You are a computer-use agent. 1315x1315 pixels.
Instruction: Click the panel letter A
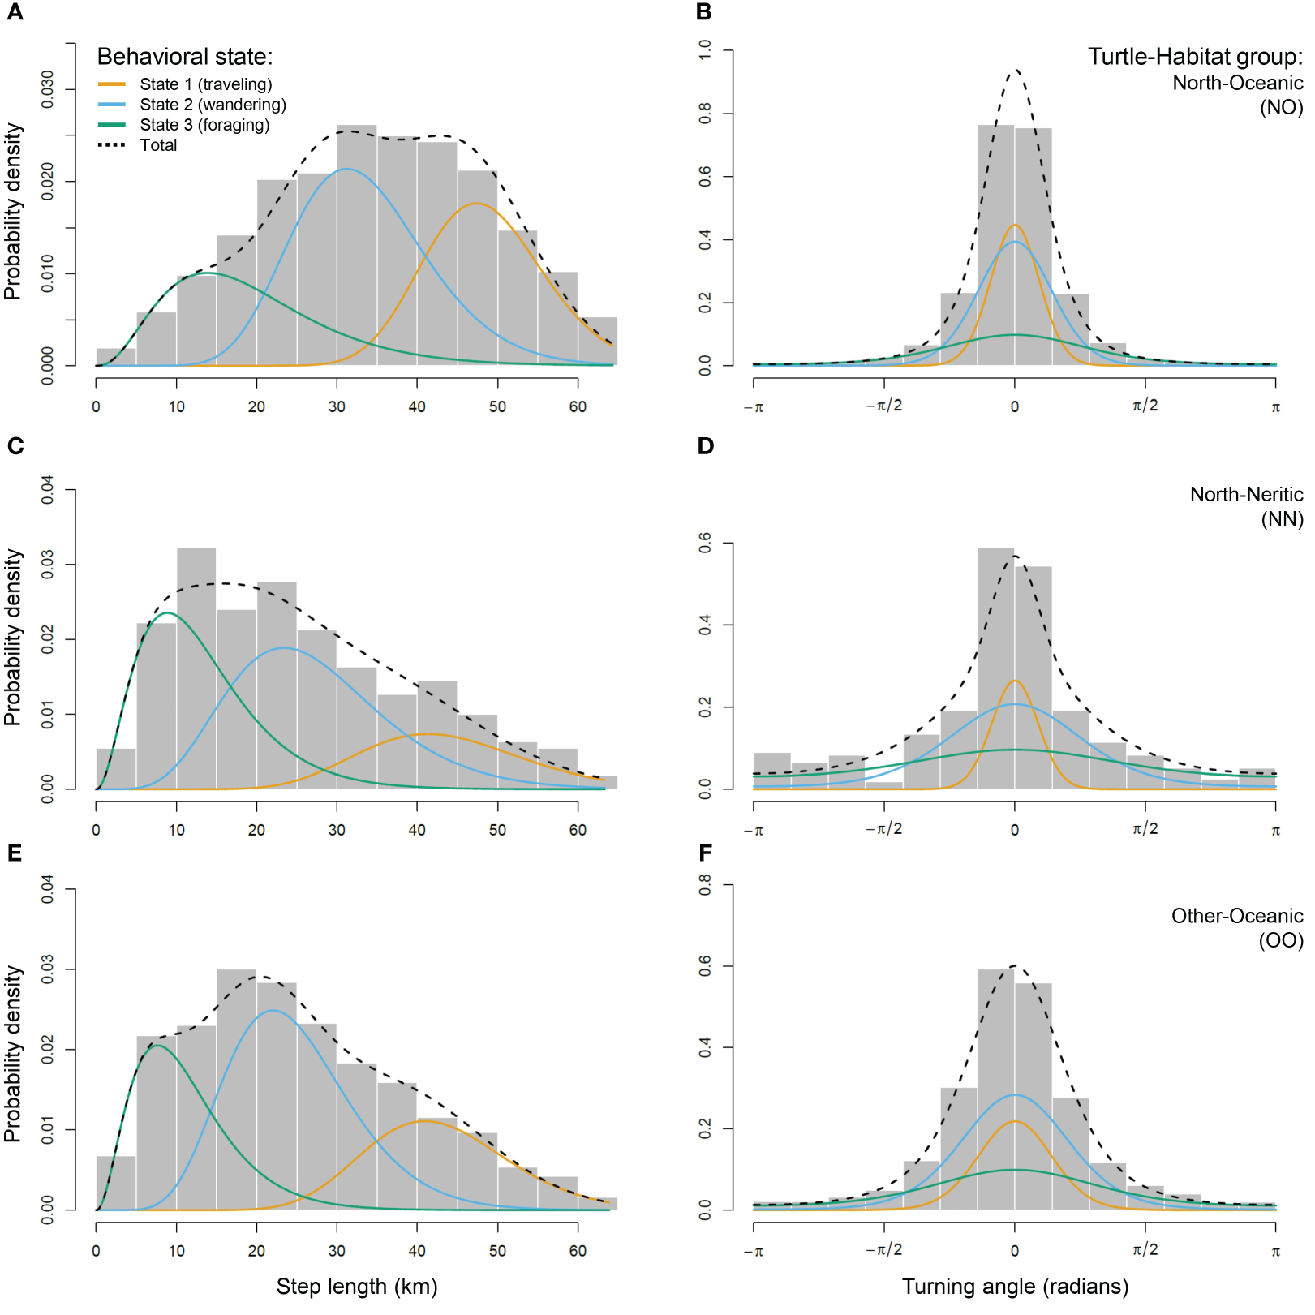(x=15, y=12)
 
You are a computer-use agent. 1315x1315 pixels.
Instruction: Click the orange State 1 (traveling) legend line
(x=111, y=84)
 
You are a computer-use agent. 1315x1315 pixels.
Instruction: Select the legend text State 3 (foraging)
(x=204, y=125)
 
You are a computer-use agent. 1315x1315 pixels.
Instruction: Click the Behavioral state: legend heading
(x=185, y=57)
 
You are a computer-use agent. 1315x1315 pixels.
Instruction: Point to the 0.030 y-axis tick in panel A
(x=48, y=89)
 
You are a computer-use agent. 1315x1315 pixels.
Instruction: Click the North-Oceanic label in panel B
(x=1237, y=83)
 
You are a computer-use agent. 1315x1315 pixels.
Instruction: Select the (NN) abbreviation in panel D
(x=1282, y=519)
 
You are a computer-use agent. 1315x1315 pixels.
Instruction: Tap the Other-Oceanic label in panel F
(x=1236, y=916)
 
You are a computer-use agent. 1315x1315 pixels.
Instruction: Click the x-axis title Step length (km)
(x=357, y=1287)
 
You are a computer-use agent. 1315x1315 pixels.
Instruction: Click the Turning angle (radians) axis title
(x=1015, y=1287)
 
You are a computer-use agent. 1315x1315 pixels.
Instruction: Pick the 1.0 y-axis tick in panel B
(x=705, y=50)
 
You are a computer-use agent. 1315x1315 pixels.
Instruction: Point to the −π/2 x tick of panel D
(x=883, y=829)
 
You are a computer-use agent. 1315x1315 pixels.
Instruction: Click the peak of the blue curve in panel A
(x=347, y=169)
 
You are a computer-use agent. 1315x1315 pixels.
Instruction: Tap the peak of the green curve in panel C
(x=166, y=612)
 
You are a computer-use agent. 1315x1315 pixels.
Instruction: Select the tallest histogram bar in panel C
(x=196, y=665)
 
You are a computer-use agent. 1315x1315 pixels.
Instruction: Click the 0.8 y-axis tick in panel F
(x=705, y=885)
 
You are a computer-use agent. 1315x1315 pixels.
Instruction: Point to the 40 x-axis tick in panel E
(x=417, y=1250)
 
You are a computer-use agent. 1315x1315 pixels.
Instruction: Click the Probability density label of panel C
(x=13, y=637)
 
